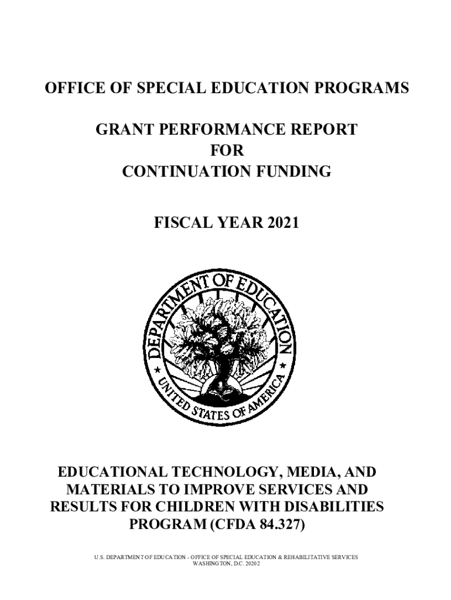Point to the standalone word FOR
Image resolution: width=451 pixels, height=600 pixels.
coord(226,151)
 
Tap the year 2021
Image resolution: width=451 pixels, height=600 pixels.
coord(280,222)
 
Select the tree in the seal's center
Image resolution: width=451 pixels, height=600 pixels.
coord(225,340)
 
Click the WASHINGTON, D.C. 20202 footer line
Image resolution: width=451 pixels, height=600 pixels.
coord(226,564)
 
